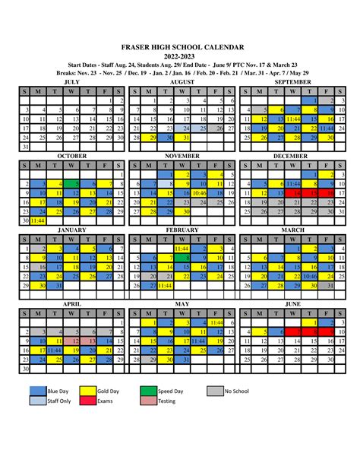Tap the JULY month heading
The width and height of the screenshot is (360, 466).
click(72, 81)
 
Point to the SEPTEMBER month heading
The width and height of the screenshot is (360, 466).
click(292, 81)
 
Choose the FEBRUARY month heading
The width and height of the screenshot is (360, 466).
click(182, 230)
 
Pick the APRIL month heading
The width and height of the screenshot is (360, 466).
click(72, 303)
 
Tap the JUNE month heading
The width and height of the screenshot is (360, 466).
click(292, 303)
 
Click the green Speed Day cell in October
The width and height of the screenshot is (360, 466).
click(72, 184)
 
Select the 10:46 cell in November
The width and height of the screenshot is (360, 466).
click(201, 194)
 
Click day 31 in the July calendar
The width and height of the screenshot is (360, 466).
click(26, 147)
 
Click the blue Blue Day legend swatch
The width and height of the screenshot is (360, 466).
click(36, 391)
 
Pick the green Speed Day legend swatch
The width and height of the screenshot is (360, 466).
click(147, 391)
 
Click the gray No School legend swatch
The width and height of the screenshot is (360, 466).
click(215, 391)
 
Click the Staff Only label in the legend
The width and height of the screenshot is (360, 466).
click(60, 401)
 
